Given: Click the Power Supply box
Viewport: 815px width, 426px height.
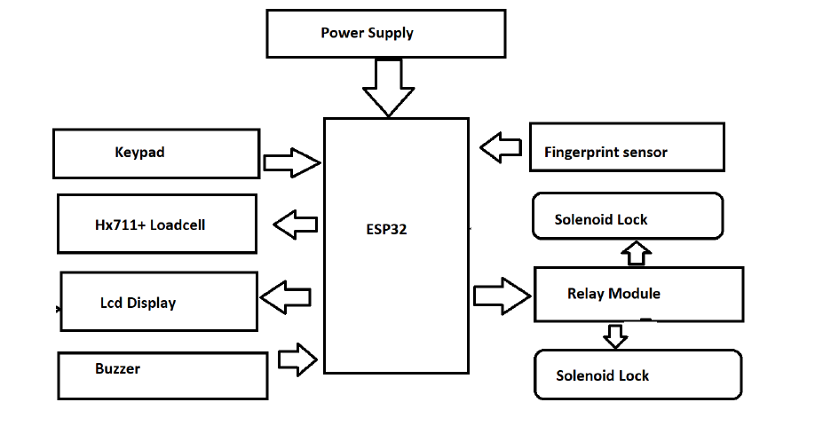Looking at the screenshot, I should (385, 35).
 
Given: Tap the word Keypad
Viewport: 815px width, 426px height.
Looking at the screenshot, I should (139, 152).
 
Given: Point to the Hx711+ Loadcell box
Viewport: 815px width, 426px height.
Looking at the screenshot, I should (157, 225).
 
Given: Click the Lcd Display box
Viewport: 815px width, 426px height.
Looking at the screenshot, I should (158, 303).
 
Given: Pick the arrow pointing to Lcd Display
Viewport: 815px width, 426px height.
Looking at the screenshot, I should (284, 297).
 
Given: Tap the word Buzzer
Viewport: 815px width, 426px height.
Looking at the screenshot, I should (117, 367).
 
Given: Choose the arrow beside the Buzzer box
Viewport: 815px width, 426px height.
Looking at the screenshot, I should (297, 359).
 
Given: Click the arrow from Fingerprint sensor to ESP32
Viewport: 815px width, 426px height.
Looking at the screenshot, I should (502, 146).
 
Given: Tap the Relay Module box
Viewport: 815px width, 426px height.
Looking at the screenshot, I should (637, 294).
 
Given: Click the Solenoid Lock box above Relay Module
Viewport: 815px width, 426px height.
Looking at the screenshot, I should (627, 217).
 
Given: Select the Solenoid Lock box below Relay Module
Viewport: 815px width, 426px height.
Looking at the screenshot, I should (637, 374).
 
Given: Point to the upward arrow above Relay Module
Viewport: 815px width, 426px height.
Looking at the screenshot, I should (636, 254).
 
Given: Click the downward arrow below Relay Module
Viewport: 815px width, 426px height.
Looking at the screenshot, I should (614, 336).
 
